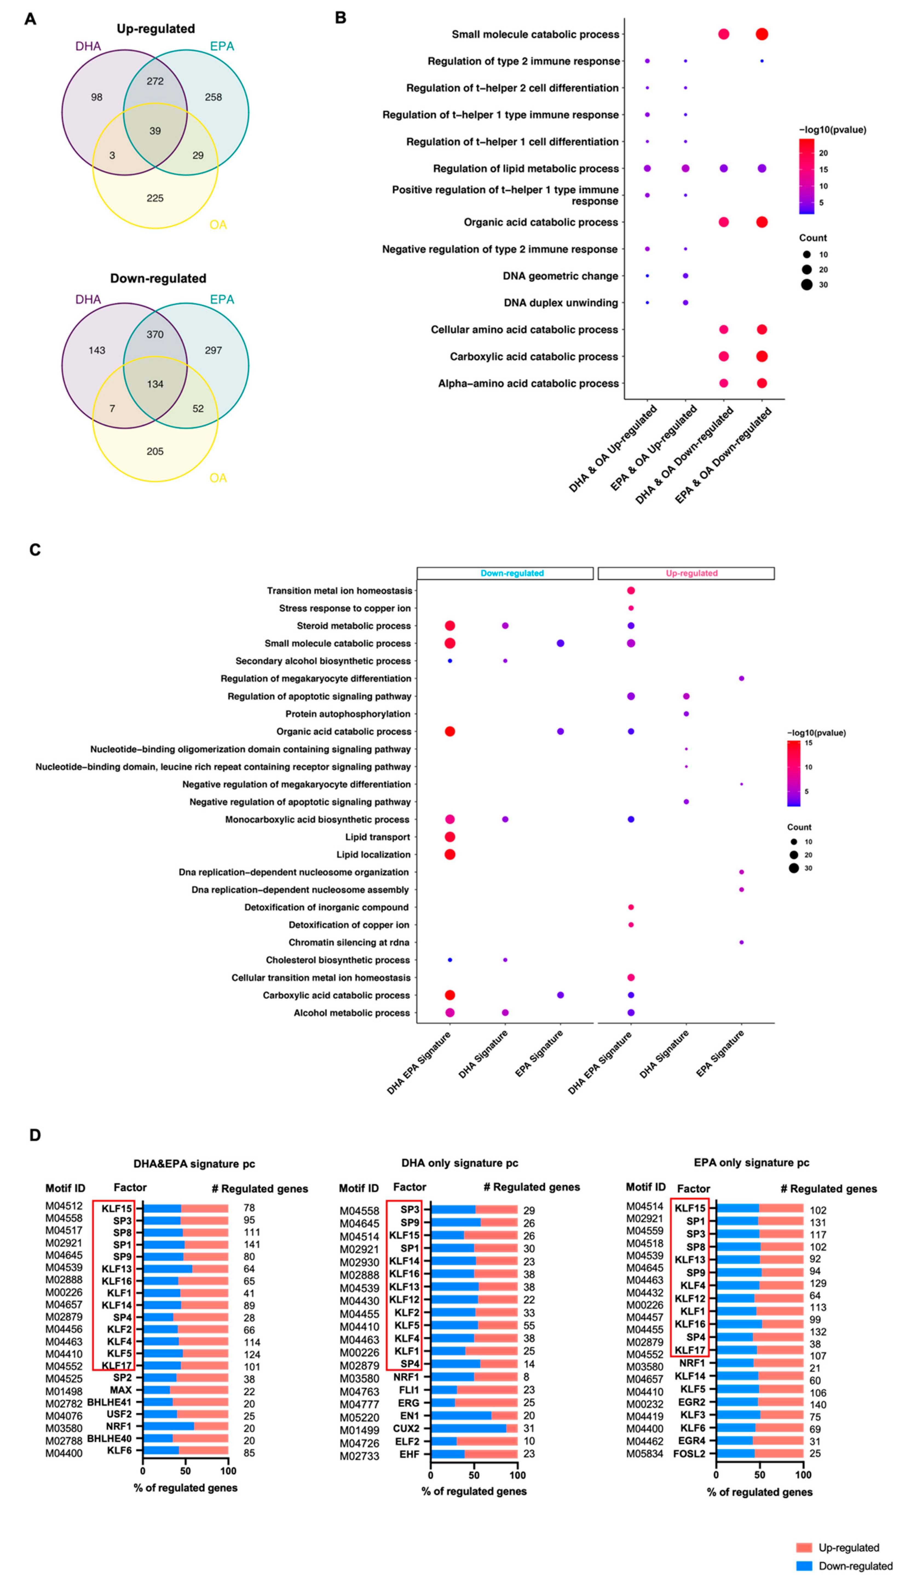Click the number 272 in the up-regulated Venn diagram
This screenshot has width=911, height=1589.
[155, 81]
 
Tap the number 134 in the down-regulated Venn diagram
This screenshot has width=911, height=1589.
[155, 384]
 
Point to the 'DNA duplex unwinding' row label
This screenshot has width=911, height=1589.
[561, 303]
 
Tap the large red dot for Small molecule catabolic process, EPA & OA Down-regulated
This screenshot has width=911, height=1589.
[762, 34]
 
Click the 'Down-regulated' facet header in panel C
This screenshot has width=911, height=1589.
[512, 573]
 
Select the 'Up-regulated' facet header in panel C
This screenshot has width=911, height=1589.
[691, 573]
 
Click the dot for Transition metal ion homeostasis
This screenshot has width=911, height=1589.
[631, 591]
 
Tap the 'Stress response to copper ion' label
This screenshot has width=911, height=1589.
[345, 608]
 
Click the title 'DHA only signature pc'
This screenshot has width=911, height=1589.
[460, 1163]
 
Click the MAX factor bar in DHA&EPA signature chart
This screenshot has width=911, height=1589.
[186, 1390]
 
